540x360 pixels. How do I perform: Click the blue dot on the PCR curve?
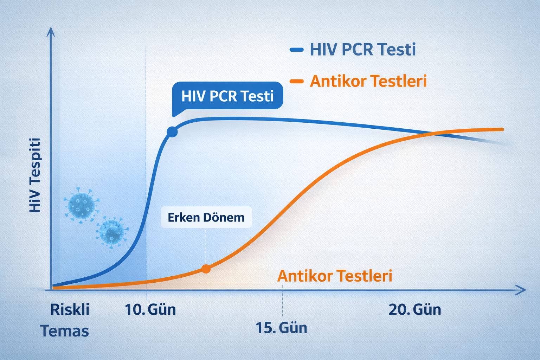point(172,132)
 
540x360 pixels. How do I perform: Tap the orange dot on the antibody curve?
point(206,269)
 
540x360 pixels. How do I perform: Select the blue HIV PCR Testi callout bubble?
point(227,96)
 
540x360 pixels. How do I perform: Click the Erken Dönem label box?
point(206,217)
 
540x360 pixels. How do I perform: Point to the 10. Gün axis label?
point(150,310)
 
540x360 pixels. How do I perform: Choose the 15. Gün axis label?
point(281,328)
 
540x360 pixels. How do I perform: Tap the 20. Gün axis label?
point(415,310)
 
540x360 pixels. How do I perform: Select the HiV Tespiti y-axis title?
point(35,175)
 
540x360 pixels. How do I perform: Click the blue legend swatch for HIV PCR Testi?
point(296,50)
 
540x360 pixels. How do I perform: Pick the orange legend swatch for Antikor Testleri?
point(296,82)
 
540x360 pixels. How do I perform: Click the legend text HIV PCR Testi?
point(363,50)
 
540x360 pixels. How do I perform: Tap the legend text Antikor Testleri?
point(368,81)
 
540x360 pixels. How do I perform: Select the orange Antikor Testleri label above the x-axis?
point(335,276)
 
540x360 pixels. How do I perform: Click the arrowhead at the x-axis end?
point(522,290)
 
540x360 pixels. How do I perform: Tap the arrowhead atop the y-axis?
point(51,32)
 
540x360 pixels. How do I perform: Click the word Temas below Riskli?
point(64,331)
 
